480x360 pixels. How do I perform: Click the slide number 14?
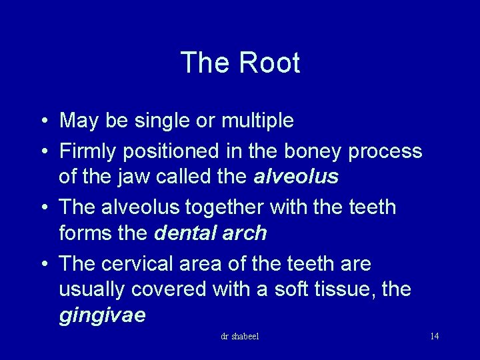click(434, 336)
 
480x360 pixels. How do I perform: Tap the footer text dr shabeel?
click(240, 336)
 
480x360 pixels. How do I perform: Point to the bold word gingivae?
click(102, 315)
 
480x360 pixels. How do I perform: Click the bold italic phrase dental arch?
click(211, 233)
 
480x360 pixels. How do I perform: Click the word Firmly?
click(87, 152)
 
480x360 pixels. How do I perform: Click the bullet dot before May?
click(42, 121)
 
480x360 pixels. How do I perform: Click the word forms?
click(81, 233)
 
